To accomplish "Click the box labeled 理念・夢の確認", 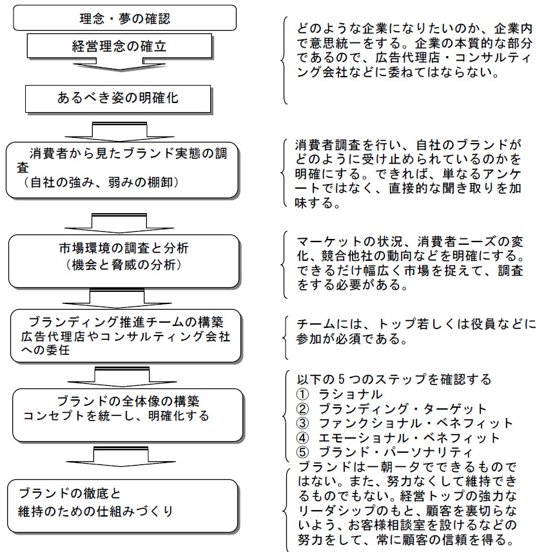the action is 124,17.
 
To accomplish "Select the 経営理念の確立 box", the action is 120,46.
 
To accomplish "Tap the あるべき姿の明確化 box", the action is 118,99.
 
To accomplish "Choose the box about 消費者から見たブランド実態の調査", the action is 122,170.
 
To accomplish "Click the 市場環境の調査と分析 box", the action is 124,261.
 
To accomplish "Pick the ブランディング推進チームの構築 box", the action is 126,336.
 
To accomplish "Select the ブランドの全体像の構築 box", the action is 128,415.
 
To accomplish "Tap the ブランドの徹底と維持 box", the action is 122,506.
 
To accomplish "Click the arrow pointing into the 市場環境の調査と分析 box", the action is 119,223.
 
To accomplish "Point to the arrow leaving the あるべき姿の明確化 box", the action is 119,131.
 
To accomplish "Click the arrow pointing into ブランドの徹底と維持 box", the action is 121,457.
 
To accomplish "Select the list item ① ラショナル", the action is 340,394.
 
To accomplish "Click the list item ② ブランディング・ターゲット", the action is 391,408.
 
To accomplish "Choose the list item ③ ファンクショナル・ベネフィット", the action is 405,423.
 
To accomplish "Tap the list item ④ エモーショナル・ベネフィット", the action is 398,438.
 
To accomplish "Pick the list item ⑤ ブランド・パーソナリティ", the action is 384,452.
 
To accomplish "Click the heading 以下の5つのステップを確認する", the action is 394,379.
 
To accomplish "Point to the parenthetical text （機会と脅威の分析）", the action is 124,265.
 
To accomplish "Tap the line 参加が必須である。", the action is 352,339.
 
